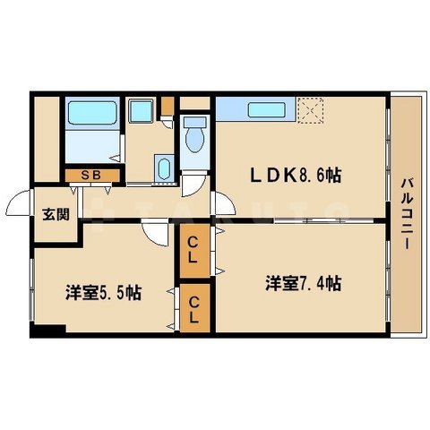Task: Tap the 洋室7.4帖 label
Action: pos(301,284)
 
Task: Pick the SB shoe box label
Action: pos(89,176)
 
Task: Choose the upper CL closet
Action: pos(193,252)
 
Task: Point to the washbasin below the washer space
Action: pos(164,168)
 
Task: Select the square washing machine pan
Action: pos(141,114)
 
